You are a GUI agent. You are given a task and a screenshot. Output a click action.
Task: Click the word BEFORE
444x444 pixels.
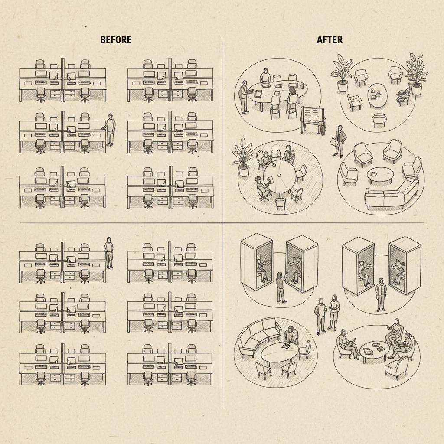tap(116, 39)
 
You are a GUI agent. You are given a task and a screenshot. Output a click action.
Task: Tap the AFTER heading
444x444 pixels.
tap(330, 39)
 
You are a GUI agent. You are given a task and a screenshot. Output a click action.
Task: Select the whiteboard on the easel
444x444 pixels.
tap(313, 116)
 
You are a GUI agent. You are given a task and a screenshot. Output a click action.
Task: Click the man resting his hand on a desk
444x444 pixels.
tap(110, 130)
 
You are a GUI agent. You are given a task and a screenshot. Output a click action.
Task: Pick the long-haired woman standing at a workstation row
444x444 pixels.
tap(108, 253)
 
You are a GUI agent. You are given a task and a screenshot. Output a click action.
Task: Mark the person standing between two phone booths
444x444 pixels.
tap(381, 294)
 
